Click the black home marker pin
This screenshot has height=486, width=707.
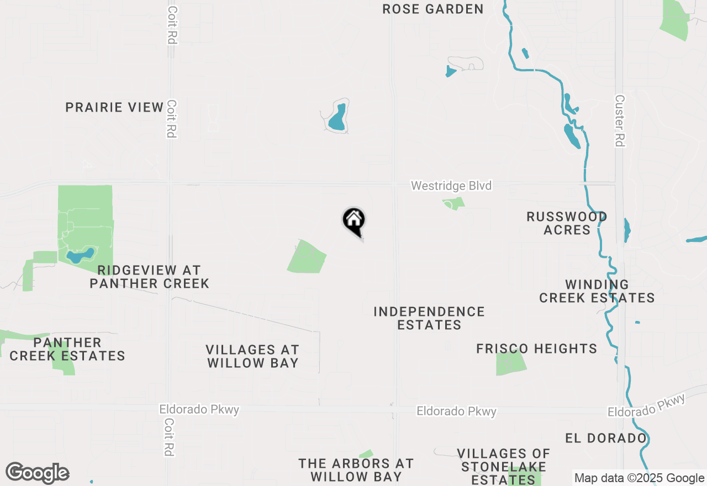[x=354, y=221]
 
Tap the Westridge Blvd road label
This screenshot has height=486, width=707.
[x=451, y=186]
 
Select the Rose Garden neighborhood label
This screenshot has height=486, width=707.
[x=433, y=9]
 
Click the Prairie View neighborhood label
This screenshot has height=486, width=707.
[x=114, y=107]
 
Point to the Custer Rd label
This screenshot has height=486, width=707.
[x=620, y=121]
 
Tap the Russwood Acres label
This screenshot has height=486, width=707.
[x=567, y=223]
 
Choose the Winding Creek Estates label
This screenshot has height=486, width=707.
[x=597, y=291]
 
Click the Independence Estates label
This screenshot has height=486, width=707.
[x=429, y=318]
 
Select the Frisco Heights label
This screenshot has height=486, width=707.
[x=537, y=348]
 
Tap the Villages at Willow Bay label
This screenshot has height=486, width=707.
[x=252, y=356]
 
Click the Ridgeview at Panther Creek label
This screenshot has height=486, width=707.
[x=149, y=277]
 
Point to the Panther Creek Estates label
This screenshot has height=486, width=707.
[x=67, y=349]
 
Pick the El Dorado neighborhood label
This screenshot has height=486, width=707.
[x=605, y=438]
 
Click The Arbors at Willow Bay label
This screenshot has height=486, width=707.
[x=356, y=469]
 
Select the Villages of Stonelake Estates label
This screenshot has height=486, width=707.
[x=503, y=467]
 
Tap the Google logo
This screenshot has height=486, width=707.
[x=37, y=473]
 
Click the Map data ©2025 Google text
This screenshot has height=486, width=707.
[x=639, y=478]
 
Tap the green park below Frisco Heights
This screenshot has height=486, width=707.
[x=510, y=363]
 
